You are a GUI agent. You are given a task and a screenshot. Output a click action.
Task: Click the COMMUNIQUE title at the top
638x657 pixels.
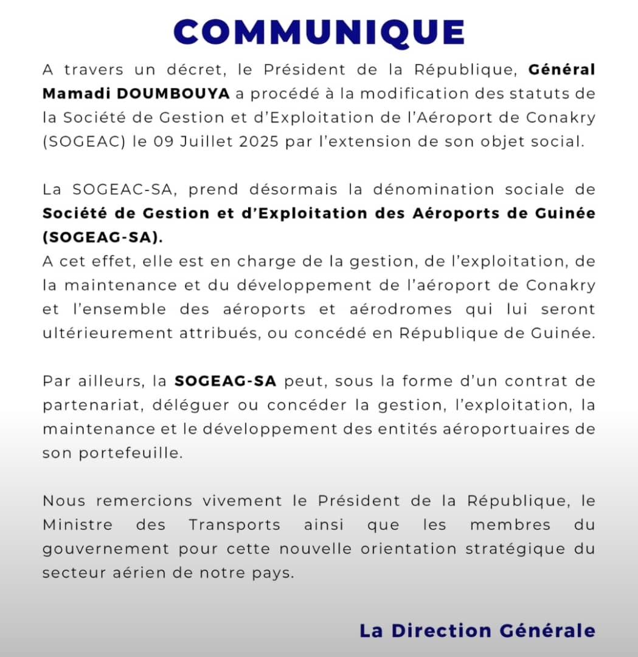[319, 32]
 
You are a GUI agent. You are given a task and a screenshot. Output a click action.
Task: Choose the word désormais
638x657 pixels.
[293, 189]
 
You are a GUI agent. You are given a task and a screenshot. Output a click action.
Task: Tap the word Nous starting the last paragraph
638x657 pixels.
[65, 501]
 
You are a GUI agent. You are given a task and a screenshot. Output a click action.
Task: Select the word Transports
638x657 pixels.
[234, 525]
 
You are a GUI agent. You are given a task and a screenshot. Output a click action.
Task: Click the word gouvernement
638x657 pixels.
[105, 549]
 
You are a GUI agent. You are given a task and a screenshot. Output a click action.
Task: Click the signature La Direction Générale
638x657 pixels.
[477, 630]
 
